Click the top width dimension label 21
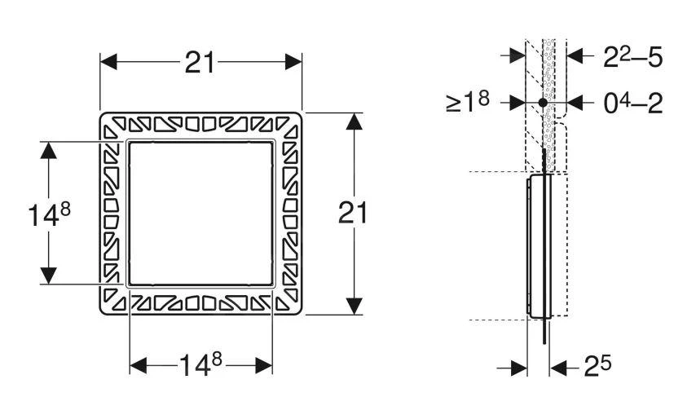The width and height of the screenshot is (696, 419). point(200,63)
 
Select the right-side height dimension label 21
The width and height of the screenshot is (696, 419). point(354,213)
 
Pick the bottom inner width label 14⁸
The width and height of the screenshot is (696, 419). point(200,365)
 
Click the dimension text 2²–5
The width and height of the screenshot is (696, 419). point(632,57)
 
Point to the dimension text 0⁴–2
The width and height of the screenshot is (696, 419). point(633,103)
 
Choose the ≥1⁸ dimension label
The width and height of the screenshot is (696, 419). point(468,102)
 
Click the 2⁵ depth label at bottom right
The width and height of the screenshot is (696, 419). point(597,366)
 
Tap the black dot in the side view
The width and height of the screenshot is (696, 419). point(543,103)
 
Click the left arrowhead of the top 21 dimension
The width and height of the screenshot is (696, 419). point(108,62)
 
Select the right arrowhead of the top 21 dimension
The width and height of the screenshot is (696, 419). point(293,62)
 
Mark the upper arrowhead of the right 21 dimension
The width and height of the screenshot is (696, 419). point(354,121)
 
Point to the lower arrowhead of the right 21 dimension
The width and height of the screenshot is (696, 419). point(354,307)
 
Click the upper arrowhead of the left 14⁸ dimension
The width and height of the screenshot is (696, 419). point(48,151)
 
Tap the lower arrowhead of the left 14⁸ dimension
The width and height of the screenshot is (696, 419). point(48,276)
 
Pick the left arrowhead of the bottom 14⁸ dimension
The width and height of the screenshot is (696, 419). point(138,366)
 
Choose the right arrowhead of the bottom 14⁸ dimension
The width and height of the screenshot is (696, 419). point(264,366)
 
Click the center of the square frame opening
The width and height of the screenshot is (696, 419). point(200,213)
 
